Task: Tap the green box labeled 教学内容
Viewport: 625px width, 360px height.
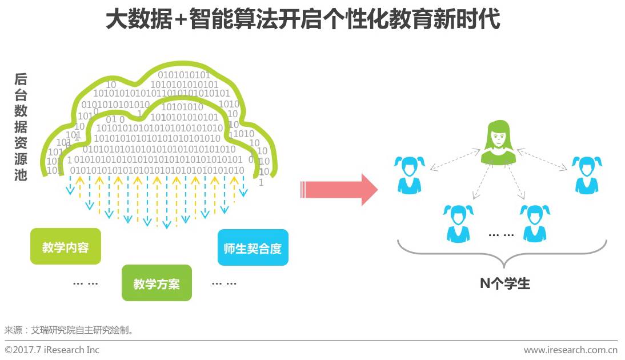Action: tap(65, 247)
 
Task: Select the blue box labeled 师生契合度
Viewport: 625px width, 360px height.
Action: tap(253, 248)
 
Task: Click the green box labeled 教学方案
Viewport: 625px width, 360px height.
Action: tap(157, 283)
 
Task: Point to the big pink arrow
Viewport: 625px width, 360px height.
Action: tap(339, 189)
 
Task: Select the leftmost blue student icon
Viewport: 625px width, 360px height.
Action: tap(410, 175)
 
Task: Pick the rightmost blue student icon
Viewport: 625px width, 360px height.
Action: tap(587, 175)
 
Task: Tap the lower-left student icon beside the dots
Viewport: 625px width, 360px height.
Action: tap(458, 223)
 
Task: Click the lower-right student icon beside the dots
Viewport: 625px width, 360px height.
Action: tap(535, 223)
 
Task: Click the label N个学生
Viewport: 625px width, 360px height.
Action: tap(505, 283)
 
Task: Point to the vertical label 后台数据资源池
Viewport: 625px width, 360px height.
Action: tap(21, 127)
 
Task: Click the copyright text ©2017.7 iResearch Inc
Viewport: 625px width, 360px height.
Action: tap(52, 350)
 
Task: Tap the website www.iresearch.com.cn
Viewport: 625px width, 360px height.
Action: tap(570, 350)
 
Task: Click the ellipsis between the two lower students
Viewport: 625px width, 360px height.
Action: tap(501, 235)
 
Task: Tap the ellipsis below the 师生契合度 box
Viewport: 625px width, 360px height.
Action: tap(224, 283)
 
